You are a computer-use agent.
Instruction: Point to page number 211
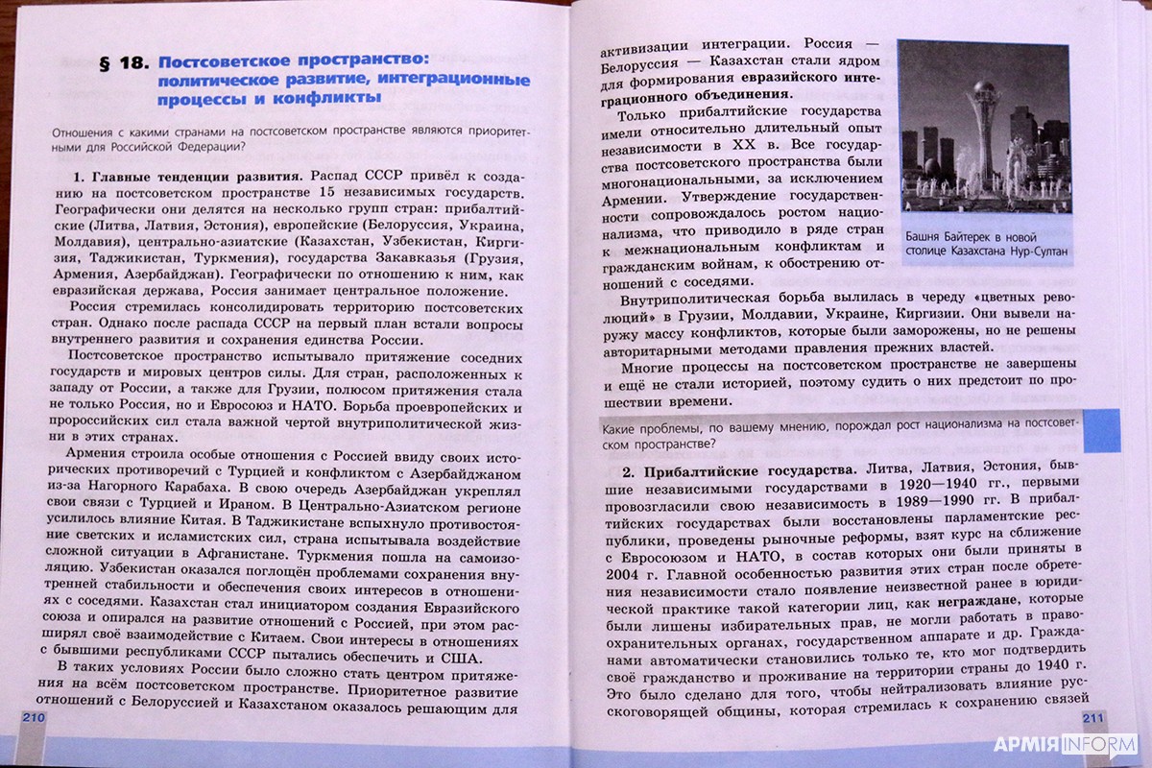tap(1094, 719)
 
